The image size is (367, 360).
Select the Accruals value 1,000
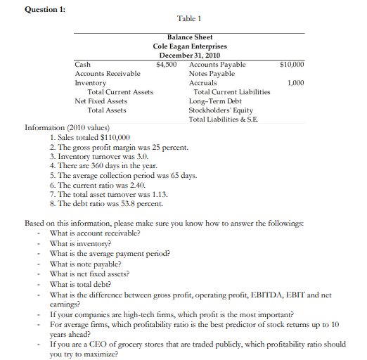point(295,82)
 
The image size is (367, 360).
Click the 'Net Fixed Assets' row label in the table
point(101,101)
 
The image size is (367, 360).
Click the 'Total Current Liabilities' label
point(231,91)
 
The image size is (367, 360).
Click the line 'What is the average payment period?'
point(110,253)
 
